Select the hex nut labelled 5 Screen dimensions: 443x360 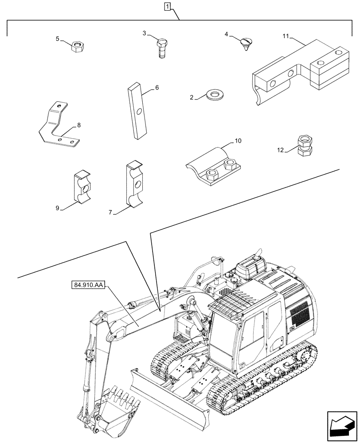78,46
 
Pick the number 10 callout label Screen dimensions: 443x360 238,141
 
